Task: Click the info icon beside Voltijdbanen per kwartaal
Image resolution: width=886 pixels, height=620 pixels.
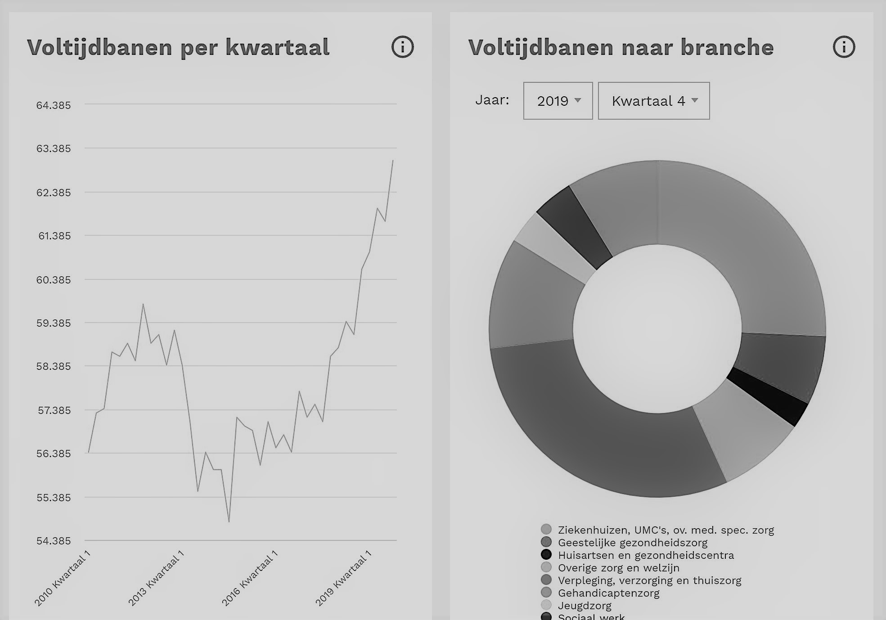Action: click(402, 47)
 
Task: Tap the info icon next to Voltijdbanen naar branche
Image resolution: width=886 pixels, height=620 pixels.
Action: click(844, 47)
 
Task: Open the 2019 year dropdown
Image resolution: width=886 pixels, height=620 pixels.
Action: click(558, 101)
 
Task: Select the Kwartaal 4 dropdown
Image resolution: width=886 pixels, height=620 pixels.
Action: click(654, 101)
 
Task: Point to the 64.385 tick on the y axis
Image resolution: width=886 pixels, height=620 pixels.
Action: click(54, 105)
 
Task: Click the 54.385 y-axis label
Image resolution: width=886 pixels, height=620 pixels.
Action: click(54, 541)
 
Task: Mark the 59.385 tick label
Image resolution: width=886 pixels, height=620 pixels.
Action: click(54, 323)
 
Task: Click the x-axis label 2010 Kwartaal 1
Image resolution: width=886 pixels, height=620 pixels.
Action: click(63, 579)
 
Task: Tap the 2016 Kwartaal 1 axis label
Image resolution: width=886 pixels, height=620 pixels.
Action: click(250, 579)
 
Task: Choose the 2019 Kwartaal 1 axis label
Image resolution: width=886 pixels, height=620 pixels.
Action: click(343, 579)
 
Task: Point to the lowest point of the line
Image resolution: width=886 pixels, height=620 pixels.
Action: click(229, 522)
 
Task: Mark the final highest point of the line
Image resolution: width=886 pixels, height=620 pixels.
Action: click(393, 160)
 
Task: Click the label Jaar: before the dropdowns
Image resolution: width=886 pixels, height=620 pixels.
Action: click(492, 100)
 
